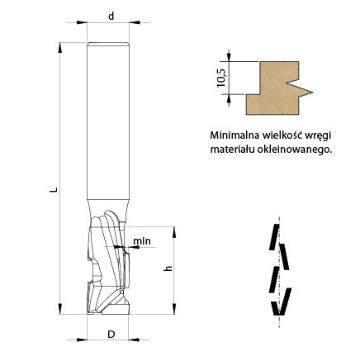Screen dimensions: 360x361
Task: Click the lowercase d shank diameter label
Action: point(111,17)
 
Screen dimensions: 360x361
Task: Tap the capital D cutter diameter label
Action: point(111,335)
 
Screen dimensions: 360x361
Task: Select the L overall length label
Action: point(55,190)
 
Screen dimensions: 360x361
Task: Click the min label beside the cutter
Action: point(142,241)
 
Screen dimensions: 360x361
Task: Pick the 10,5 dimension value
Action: point(221,78)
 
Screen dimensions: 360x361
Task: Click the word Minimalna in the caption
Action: point(234,135)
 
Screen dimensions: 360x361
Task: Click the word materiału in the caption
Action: point(233,150)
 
